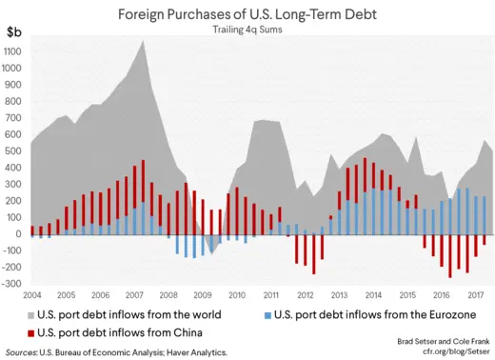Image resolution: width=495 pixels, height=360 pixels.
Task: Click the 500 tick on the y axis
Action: [13, 150]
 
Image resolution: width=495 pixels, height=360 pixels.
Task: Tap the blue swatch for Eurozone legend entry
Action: [267, 314]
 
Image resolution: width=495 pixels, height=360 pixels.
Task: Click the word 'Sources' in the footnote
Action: [24, 351]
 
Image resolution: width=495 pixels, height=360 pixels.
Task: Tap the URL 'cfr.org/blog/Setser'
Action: [447, 350]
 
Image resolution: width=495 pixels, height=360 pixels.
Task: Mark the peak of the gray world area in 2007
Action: [143, 41]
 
